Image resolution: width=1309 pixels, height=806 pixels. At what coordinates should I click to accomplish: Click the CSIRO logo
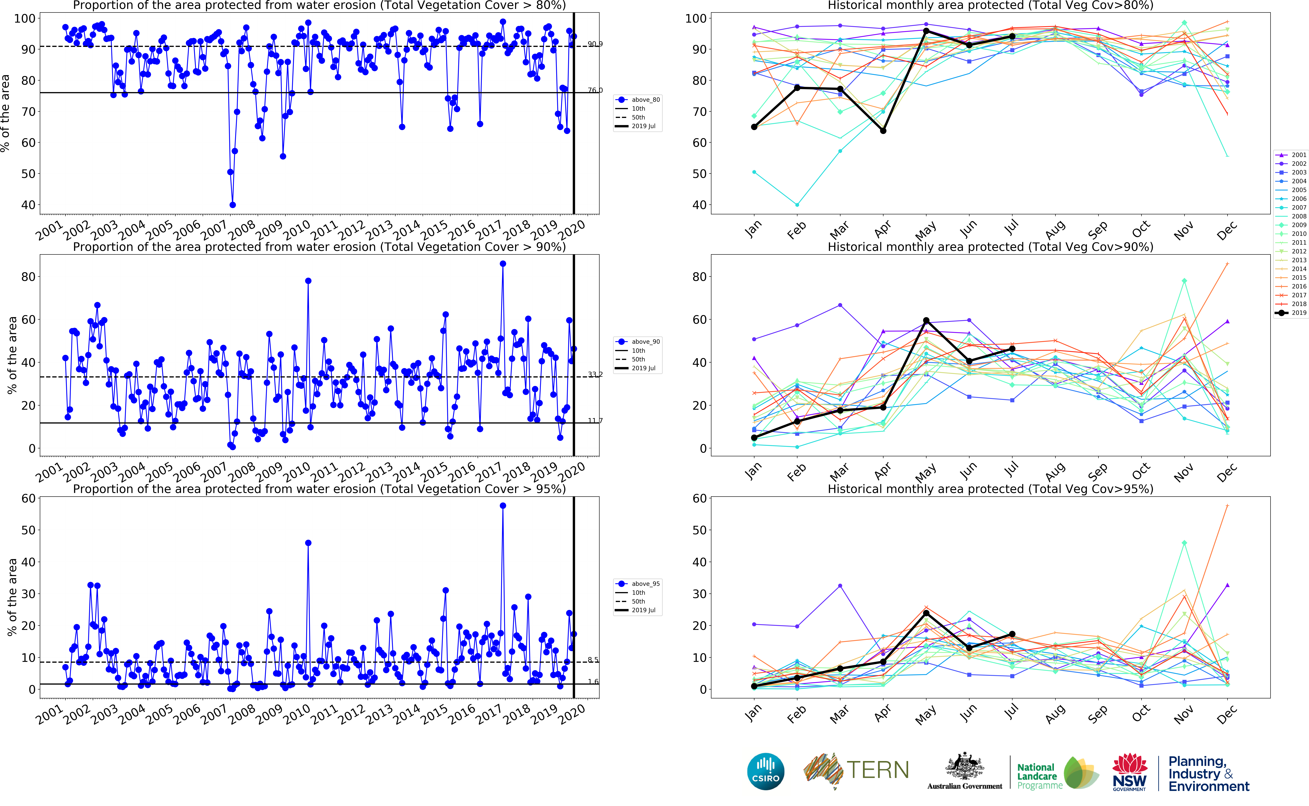point(765,771)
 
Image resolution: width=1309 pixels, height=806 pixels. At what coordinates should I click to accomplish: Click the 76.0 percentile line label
point(595,90)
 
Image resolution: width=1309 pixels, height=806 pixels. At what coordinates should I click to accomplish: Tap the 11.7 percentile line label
point(595,421)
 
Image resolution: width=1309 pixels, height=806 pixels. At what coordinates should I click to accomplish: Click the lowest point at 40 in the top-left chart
point(233,205)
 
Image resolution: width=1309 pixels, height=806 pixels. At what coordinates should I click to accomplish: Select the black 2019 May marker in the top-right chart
point(926,31)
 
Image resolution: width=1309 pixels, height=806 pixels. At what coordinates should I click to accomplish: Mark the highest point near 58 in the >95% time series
point(502,506)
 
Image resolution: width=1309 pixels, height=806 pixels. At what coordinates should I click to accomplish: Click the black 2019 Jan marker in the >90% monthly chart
point(754,438)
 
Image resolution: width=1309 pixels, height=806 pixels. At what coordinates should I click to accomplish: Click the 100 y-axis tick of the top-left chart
point(25,19)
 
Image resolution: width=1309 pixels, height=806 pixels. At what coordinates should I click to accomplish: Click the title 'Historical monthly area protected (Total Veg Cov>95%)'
point(990,489)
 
